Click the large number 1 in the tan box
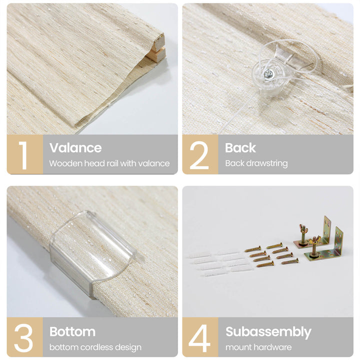pos(23,155)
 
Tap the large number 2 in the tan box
pos(199,155)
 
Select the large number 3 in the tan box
pos(23,337)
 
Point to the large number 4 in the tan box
pos(199,338)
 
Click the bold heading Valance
pos(75,147)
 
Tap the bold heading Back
pos(240,147)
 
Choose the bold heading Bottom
pos(72,331)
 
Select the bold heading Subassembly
pos(268,332)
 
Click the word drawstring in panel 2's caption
pos(267,163)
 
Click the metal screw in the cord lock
pos(268,74)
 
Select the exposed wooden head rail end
pos(157,49)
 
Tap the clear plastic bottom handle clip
pos(92,253)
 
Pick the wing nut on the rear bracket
pos(303,229)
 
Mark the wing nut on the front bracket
pos(314,240)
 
